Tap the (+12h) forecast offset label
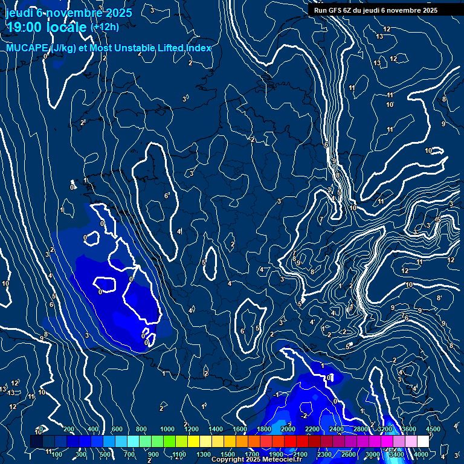[105, 27]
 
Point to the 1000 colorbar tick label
[167, 429]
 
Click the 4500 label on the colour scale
[433, 429]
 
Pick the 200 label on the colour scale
[68, 429]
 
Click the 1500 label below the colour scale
[228, 454]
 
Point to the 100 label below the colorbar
[57, 454]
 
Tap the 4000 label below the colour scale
[421, 454]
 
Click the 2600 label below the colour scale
[349, 454]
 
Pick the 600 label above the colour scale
[117, 429]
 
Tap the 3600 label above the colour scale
[409, 429]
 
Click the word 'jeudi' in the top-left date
[18, 13]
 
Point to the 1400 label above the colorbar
[216, 429]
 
